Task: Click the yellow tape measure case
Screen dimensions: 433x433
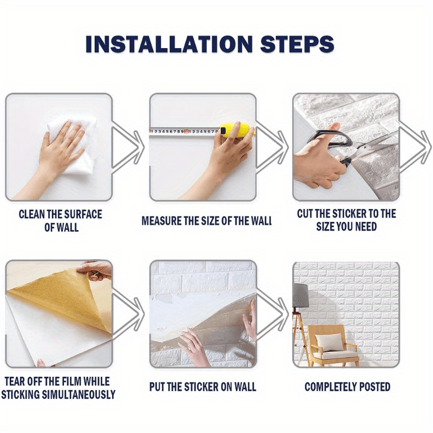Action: click(x=238, y=130)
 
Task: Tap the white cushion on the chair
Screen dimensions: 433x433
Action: click(x=329, y=343)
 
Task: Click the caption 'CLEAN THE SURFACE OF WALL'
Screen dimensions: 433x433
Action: click(x=61, y=220)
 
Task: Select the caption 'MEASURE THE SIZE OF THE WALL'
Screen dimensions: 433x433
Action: click(x=206, y=221)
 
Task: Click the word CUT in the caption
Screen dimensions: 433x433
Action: click(x=306, y=214)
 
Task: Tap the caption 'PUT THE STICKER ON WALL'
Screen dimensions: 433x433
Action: click(x=202, y=387)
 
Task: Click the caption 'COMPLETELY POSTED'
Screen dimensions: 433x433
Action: click(x=347, y=387)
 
